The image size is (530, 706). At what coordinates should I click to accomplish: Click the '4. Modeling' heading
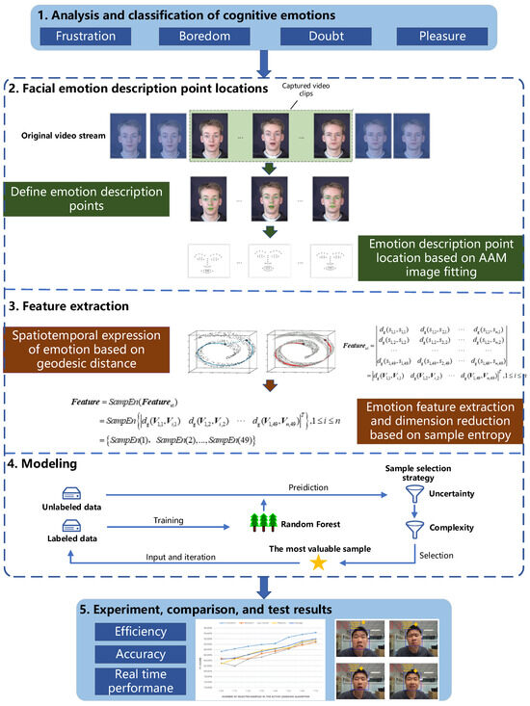point(67,465)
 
